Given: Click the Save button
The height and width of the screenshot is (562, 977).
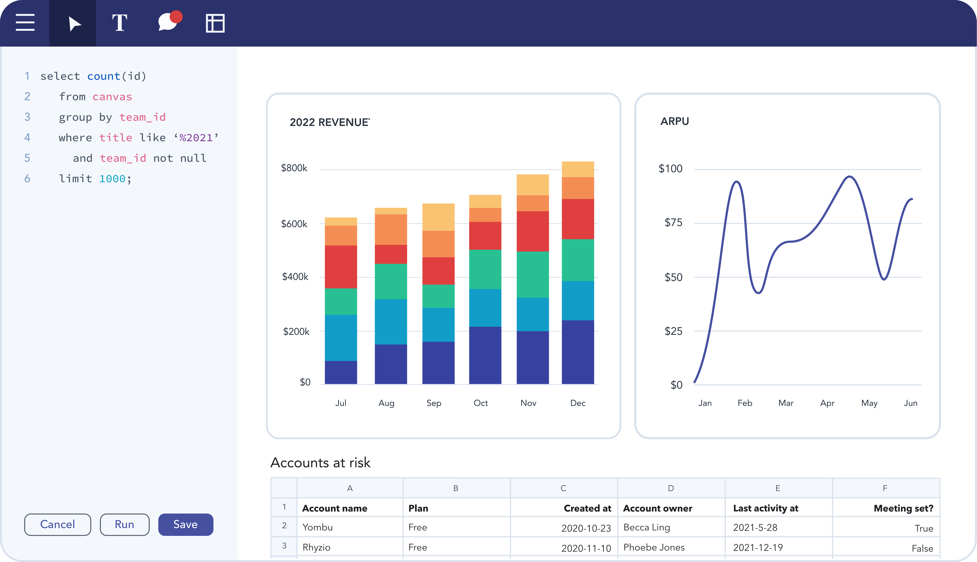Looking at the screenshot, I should click(x=185, y=524).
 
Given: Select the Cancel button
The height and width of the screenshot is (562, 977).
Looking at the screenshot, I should click(x=57, y=524).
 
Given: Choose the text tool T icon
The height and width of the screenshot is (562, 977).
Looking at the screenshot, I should click(x=120, y=23).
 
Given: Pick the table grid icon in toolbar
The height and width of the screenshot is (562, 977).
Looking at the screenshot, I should click(x=215, y=23).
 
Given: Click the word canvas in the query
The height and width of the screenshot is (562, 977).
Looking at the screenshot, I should click(x=112, y=96).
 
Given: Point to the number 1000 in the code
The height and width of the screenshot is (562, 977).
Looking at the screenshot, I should click(x=112, y=179).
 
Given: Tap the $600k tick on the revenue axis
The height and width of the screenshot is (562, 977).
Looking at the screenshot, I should click(x=294, y=224).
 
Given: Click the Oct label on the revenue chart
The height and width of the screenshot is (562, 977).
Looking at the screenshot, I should click(x=481, y=403).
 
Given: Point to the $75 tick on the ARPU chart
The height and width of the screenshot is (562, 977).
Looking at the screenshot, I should click(x=673, y=222).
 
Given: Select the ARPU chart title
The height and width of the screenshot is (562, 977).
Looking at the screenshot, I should click(x=674, y=121).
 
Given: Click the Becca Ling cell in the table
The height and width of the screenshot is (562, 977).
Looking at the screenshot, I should click(x=647, y=527).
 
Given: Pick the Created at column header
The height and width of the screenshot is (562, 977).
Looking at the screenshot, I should click(x=587, y=508).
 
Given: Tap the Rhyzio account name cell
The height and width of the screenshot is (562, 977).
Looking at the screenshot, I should click(x=317, y=547).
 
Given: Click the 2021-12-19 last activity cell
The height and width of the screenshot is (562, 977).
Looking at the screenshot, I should click(x=758, y=547).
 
